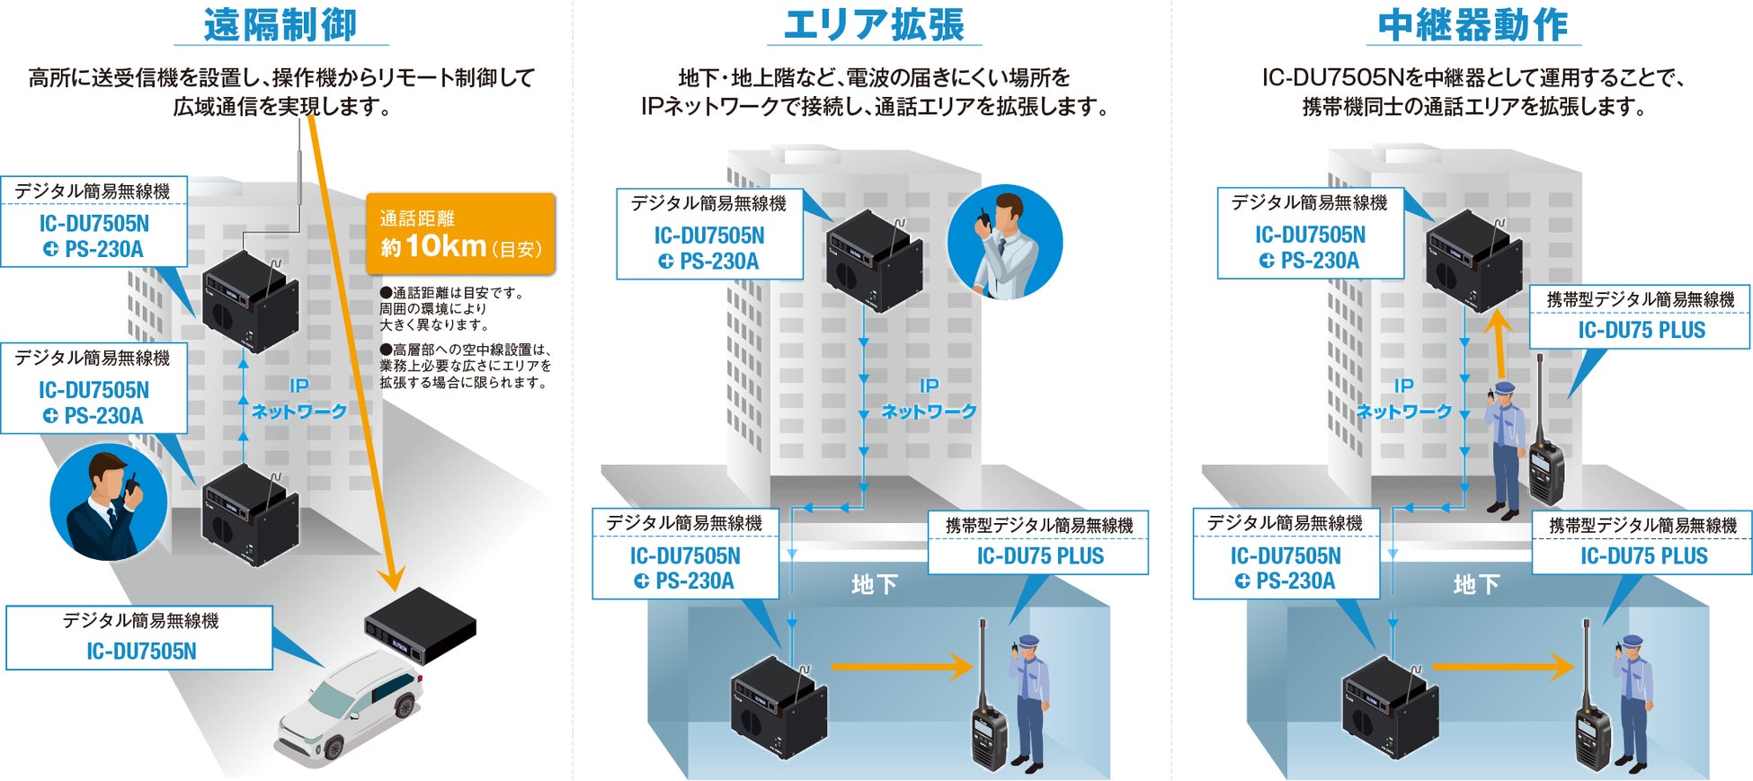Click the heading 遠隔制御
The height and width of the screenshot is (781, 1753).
[280, 25]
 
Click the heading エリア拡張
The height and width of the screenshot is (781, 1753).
[873, 25]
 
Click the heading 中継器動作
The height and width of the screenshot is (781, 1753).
[1473, 25]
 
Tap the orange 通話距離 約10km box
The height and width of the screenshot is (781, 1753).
[460, 234]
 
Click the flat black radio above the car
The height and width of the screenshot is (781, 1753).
[420, 626]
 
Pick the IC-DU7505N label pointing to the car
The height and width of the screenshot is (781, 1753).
[139, 637]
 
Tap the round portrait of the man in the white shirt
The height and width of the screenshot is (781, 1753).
[1005, 242]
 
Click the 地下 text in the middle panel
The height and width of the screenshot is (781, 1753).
[874, 585]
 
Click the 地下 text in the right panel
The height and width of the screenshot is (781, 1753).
[1476, 585]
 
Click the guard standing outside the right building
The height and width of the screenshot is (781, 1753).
[1506, 449]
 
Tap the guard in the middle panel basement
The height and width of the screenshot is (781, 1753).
[1028, 701]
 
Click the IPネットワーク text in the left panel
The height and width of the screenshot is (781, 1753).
[298, 398]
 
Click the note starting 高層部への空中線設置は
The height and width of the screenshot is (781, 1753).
[464, 366]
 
